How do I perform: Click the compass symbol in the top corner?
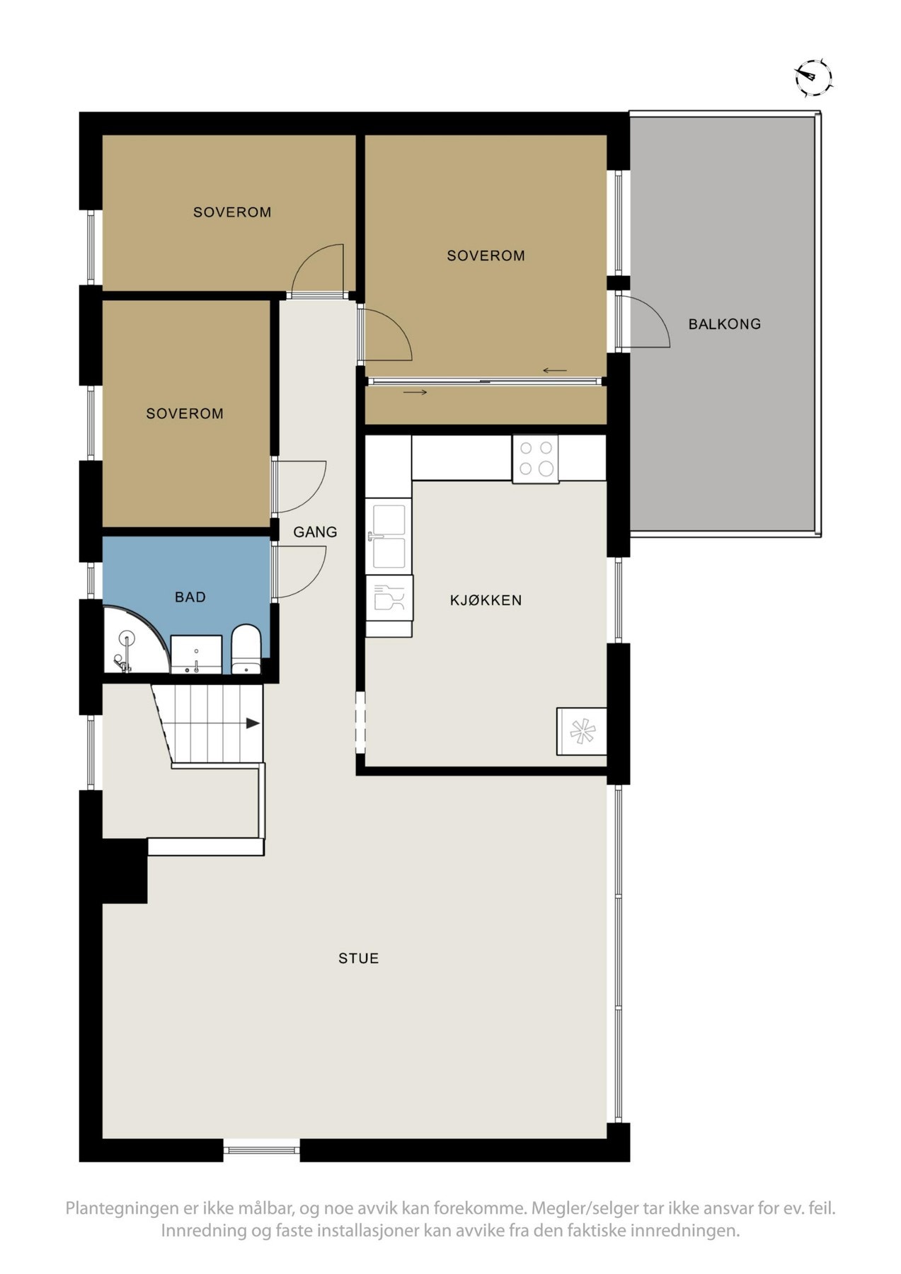click(x=813, y=77)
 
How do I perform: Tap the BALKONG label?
click(x=725, y=324)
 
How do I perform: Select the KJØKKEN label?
click(x=486, y=600)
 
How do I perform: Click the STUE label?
click(x=359, y=958)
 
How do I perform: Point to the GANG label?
click(x=316, y=532)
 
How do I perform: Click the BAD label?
click(x=190, y=597)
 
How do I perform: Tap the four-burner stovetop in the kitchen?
click(x=535, y=459)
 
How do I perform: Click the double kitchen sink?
click(x=388, y=536)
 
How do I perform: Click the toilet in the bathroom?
click(x=246, y=649)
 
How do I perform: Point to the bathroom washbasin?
click(x=196, y=655)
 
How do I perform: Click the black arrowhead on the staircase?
click(x=252, y=723)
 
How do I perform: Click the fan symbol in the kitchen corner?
click(x=582, y=731)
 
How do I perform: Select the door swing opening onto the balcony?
click(x=643, y=322)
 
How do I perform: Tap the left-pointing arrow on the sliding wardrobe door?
click(x=555, y=370)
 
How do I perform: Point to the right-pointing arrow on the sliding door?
click(x=415, y=392)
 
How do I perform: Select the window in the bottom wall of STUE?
click(x=262, y=1149)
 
